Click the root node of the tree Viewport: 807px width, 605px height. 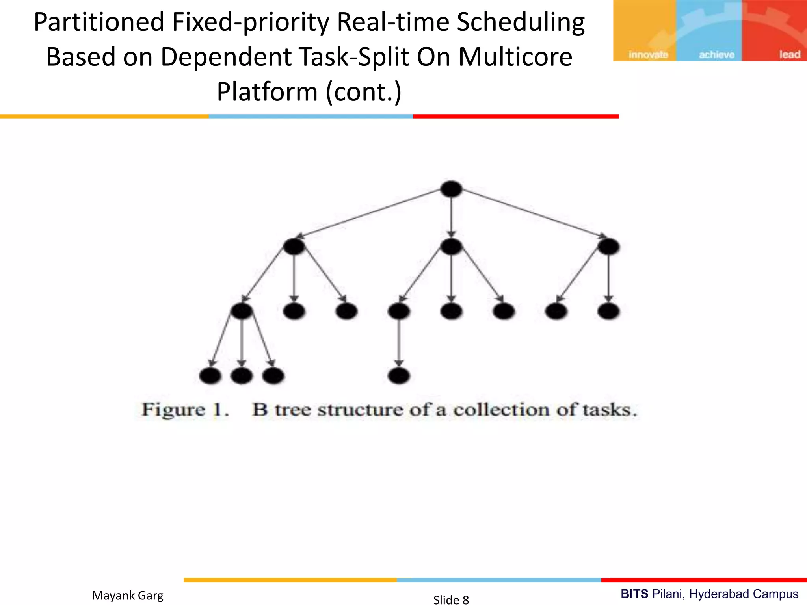(451, 189)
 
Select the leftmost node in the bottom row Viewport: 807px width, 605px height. (210, 376)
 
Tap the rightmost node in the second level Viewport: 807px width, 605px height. (608, 247)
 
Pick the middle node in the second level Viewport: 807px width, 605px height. (451, 247)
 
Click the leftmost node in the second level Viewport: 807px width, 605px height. (294, 247)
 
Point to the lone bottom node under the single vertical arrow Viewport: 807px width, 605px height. (399, 376)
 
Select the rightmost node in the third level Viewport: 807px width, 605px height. (608, 311)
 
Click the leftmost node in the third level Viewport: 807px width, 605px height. (242, 311)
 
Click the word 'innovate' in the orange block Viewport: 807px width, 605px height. (648, 55)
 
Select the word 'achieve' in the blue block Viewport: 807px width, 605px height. (716, 55)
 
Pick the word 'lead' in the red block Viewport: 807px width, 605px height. (789, 54)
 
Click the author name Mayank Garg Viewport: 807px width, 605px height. (128, 595)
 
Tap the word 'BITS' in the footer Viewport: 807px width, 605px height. (634, 594)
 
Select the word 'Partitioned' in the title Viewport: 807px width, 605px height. (99, 22)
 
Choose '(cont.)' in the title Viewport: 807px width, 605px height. (363, 91)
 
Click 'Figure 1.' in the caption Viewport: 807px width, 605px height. (185, 410)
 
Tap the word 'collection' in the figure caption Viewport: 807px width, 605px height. (501, 410)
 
